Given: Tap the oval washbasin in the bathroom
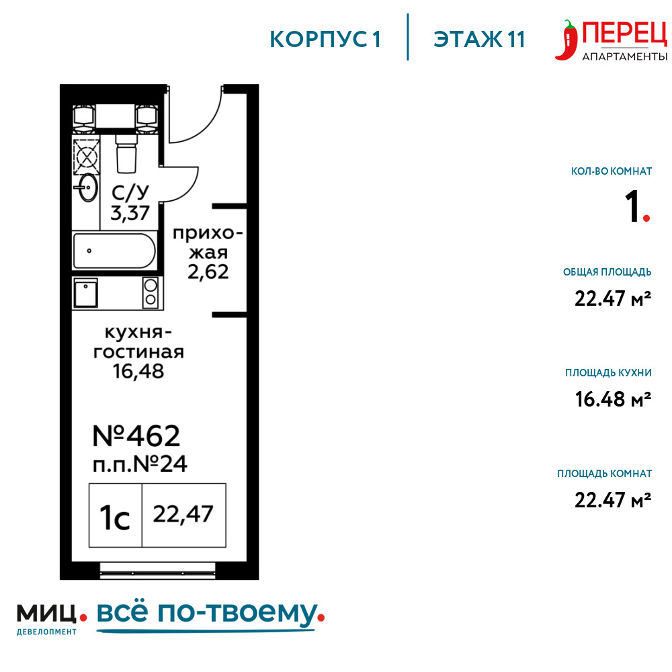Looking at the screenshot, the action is pos(87,187).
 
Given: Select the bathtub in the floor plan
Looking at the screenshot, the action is pos(114,251).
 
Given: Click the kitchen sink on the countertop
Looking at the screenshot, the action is pos(85,293).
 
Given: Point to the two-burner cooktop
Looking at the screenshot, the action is pos(151,292).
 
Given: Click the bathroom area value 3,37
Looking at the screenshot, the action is pos(130,212).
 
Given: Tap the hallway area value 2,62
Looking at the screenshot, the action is pos(208,271).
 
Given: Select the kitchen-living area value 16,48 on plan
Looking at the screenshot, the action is pos(138,371).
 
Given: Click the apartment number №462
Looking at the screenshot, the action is pos(136,436).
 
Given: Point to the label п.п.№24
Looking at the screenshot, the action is pos(140,464).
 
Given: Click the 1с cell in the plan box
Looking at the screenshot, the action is pos(115,515).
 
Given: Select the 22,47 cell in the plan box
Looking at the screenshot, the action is pos(184,515).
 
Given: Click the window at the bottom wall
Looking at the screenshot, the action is pos(157,571).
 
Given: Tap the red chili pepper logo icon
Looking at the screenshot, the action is pos(566,40).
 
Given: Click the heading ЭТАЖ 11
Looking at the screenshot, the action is pos(479,40).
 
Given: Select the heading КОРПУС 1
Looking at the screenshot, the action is pos(325,40).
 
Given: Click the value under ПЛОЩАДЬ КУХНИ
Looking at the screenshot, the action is pos(613,399).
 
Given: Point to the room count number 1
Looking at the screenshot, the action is pos(632,206).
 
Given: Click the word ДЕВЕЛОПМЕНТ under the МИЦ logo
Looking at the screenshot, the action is pos(46,632).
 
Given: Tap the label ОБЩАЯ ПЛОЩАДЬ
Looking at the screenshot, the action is pos(607,272).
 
